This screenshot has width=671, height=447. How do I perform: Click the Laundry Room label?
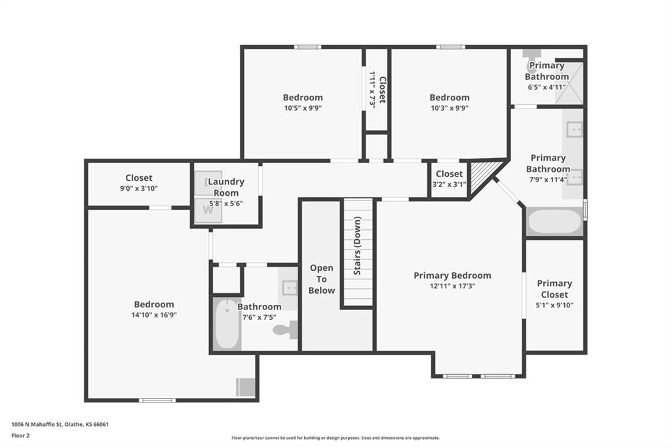[x=226, y=187]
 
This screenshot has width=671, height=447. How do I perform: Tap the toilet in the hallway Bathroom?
[x=286, y=330]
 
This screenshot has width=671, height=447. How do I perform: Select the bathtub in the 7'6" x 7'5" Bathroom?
[x=227, y=324]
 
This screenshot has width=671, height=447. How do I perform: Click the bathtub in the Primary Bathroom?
[x=554, y=222]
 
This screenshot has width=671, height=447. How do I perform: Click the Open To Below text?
[x=322, y=279]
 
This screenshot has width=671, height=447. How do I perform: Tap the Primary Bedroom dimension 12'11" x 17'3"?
[x=452, y=286]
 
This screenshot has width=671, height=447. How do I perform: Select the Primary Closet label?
[x=554, y=289]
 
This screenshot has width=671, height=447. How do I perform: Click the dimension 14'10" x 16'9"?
[x=154, y=315]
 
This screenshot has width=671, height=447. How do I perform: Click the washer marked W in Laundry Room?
[x=208, y=210]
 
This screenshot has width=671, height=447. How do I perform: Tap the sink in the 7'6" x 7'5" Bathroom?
[x=290, y=287]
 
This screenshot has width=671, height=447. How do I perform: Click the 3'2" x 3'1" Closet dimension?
[x=450, y=185]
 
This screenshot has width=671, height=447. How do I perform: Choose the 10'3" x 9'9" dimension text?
[x=450, y=108]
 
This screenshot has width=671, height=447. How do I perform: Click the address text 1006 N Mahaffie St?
[x=37, y=425]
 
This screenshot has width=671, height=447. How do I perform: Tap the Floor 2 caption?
[x=20, y=436]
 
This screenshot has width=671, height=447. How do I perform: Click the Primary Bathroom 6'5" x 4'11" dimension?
[x=547, y=87]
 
